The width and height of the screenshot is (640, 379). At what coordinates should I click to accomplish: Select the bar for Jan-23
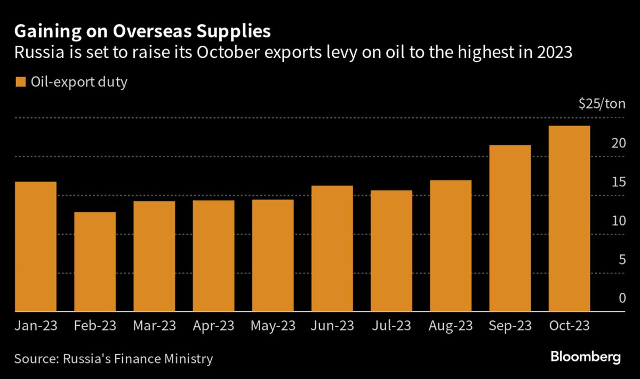tap(36, 246)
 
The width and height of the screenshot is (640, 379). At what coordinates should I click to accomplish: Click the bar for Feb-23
tap(95, 262)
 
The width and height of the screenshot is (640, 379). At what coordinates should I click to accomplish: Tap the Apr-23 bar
tap(213, 256)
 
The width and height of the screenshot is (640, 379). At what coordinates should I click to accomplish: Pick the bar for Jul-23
tap(391, 251)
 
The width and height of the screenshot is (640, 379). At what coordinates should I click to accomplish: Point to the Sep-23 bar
tap(510, 228)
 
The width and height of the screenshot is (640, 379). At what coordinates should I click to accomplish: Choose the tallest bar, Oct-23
tap(569, 218)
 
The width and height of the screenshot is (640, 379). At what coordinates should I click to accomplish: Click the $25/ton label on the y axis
tap(602, 104)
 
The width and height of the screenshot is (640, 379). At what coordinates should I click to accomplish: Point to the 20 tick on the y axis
tap(618, 143)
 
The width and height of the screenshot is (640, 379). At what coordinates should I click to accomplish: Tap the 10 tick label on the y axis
tap(618, 221)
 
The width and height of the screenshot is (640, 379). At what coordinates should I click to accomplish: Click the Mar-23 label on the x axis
tap(154, 326)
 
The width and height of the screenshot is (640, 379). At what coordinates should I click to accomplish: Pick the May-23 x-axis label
tap(273, 326)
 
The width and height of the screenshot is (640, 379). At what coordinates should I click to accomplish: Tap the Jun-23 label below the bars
tap(332, 326)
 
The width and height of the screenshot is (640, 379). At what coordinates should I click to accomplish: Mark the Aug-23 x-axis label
tap(451, 326)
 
